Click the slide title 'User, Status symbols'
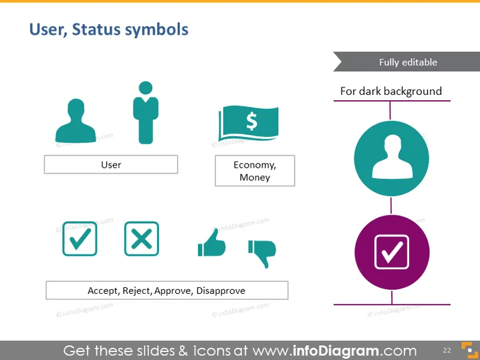(x=109, y=30)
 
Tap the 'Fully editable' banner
(x=407, y=62)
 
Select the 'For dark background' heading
(x=391, y=91)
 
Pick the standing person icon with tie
(x=146, y=113)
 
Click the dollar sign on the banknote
(x=252, y=121)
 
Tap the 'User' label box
(x=111, y=164)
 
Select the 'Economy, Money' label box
(x=255, y=171)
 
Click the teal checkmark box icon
(x=80, y=238)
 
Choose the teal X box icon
(x=142, y=238)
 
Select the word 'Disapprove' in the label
(x=221, y=291)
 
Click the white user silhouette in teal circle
(x=392, y=156)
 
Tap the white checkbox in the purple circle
(x=392, y=252)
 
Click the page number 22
(x=447, y=350)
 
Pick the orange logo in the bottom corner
(x=469, y=350)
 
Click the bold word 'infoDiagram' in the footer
(x=336, y=351)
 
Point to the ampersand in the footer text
(x=183, y=351)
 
